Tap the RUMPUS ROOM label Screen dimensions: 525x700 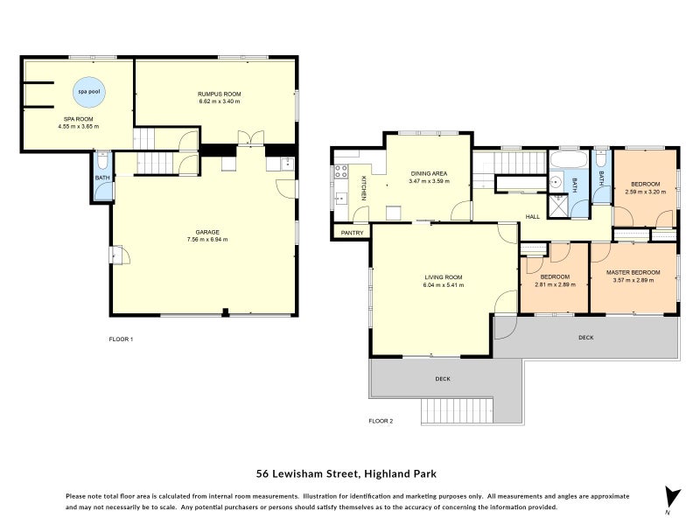click(219, 94)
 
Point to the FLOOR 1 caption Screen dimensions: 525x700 click(120, 339)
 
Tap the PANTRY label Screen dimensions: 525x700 click(352, 233)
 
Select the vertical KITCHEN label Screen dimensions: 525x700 click(363, 187)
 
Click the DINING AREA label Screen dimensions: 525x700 click(429, 173)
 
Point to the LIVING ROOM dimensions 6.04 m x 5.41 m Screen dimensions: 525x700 click(443, 284)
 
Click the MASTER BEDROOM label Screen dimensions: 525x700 click(633, 272)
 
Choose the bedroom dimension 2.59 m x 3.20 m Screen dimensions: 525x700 click(644, 191)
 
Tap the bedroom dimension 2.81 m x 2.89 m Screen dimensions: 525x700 click(553, 284)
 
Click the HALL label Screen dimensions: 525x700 click(531, 216)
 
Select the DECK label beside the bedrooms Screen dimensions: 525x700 click(585, 337)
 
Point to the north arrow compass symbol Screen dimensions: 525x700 click(671, 496)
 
